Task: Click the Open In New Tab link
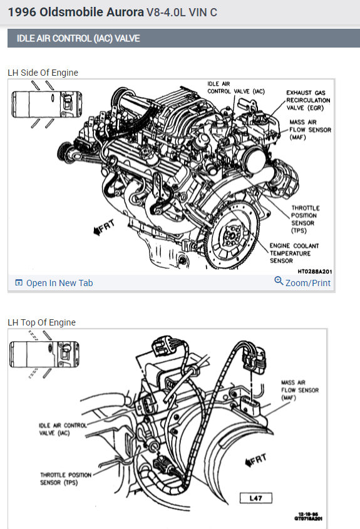[54, 283]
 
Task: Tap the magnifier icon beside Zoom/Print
[279, 280]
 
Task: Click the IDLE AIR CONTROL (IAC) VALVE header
[78, 38]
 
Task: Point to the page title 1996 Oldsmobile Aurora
[76, 12]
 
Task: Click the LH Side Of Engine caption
[43, 73]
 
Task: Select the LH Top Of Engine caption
[41, 322]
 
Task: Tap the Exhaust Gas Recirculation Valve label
[308, 100]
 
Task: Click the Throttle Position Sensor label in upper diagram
[306, 219]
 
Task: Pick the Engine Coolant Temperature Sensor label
[294, 253]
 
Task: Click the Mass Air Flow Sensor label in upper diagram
[310, 130]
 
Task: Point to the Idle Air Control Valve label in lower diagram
[63, 429]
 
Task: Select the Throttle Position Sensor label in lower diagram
[66, 479]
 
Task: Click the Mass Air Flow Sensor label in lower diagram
[300, 390]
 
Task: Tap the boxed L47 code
[255, 498]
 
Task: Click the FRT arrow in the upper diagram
[105, 227]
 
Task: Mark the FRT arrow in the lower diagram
[256, 460]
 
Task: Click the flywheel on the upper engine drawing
[232, 235]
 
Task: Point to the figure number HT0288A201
[315, 271]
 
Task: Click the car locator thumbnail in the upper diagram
[46, 105]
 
